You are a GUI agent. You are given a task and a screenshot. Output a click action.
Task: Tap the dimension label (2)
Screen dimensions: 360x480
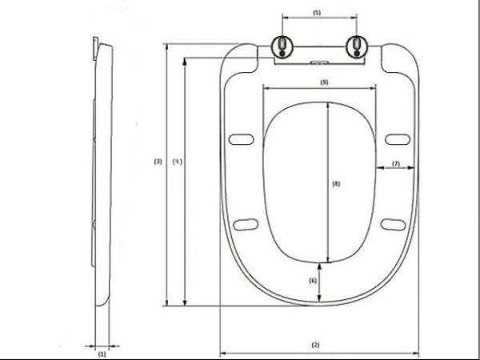coord(315,345)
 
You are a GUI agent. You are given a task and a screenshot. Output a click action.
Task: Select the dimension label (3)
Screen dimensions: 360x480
coord(158,162)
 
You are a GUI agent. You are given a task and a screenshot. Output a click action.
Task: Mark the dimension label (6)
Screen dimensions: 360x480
coord(314,280)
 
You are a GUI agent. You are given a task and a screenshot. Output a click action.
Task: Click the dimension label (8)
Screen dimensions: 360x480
coord(336,183)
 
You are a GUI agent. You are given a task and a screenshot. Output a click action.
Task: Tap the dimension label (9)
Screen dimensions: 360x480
coord(323,82)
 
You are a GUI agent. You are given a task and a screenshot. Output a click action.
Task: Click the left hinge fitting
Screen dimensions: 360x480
coord(283,47)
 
